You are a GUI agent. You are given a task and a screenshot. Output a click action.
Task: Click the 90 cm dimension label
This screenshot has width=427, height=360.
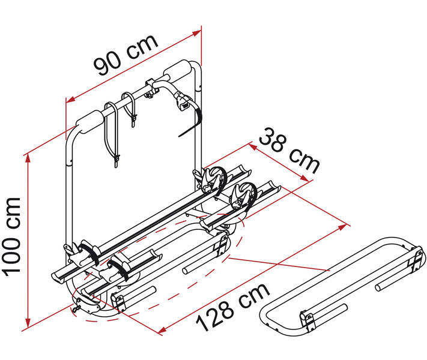click(x=126, y=55)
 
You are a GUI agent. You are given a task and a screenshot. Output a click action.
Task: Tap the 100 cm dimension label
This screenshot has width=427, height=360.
click(x=11, y=236)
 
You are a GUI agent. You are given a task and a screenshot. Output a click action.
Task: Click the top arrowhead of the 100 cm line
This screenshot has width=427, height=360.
click(x=28, y=160)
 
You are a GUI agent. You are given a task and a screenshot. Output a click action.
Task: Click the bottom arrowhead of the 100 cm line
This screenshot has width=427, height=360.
click(x=28, y=322)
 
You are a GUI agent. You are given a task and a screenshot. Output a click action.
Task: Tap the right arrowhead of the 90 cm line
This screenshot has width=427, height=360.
click(x=196, y=33)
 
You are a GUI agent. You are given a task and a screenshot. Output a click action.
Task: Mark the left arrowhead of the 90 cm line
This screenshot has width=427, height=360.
click(x=71, y=100)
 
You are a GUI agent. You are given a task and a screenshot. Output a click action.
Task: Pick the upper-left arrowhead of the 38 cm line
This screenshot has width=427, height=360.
click(x=253, y=147)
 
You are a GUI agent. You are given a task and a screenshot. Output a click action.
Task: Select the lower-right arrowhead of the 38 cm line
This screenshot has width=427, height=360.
click(x=304, y=178)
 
